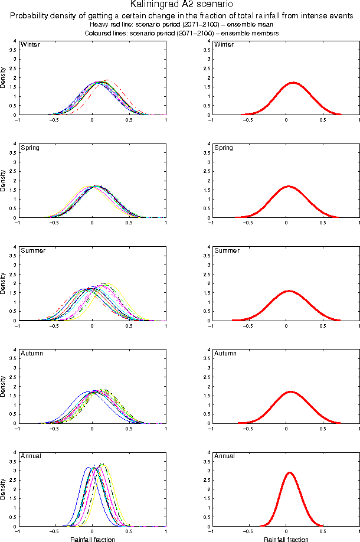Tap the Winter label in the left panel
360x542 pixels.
tap(30, 45)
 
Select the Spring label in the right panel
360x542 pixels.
tap(224, 148)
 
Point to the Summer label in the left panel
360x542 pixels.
tap(32, 250)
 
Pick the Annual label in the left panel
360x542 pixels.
tap(31, 456)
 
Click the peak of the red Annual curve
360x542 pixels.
tap(289, 472)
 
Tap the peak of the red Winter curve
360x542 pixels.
tap(293, 83)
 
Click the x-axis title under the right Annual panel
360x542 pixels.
tap(286, 539)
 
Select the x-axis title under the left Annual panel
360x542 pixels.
tap(93, 539)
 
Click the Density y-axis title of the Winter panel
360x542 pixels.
tap(4, 78)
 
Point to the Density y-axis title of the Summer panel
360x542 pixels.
tap(4, 283)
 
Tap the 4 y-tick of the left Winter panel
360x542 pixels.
tap(14, 41)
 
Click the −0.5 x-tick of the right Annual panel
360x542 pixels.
tap(248, 532)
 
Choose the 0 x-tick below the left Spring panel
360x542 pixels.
tap(92, 224)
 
